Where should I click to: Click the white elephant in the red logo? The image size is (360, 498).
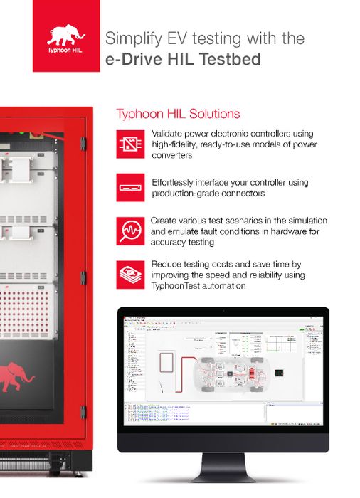click(x=65, y=35)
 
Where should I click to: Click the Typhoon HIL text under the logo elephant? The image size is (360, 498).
click(x=65, y=53)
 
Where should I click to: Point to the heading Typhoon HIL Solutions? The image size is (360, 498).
click(x=178, y=114)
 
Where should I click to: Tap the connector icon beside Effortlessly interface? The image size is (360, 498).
click(x=130, y=186)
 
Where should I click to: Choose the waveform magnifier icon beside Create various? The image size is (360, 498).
click(x=130, y=231)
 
